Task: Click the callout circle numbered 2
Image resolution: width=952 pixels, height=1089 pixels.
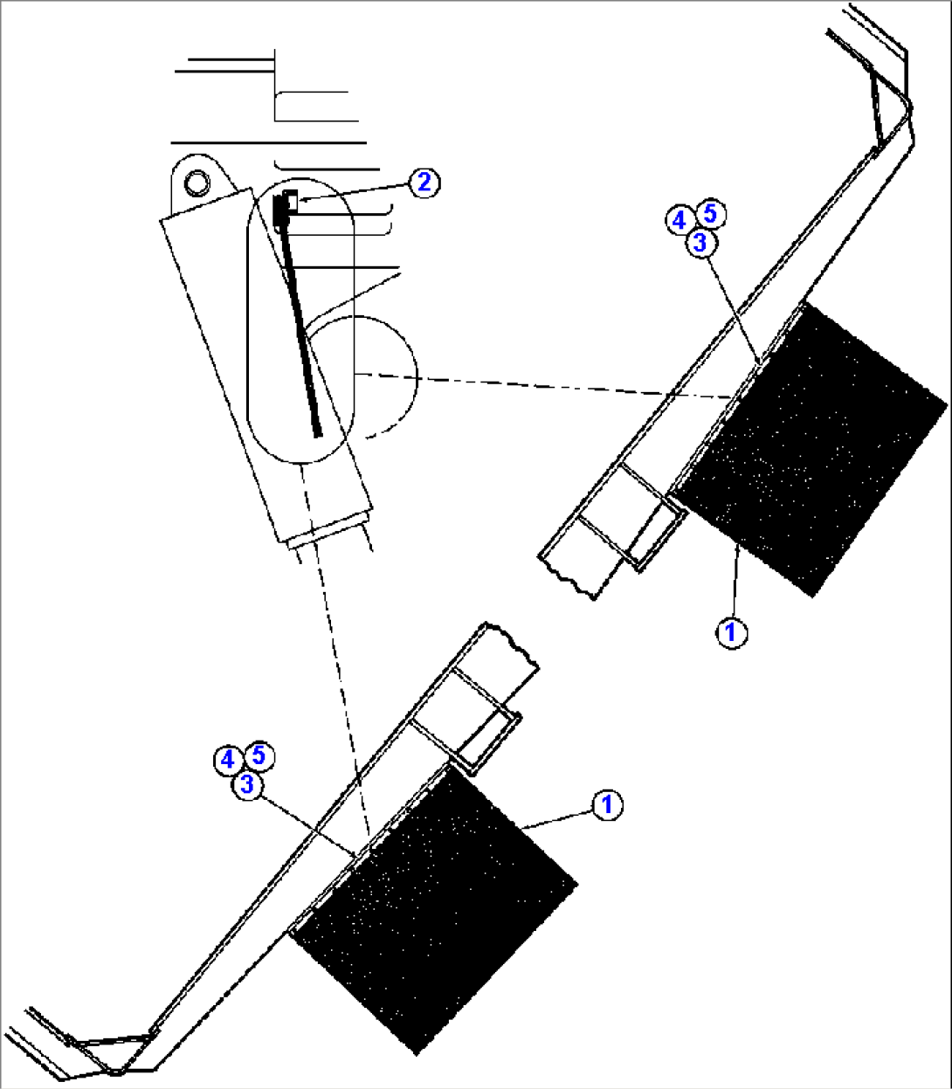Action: pyautogui.click(x=424, y=183)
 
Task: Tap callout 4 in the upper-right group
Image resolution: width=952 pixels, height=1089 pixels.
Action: pyautogui.click(x=680, y=221)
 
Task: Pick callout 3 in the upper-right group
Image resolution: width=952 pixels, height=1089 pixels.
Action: pyautogui.click(x=700, y=243)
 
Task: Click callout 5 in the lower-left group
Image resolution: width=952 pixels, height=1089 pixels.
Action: pyautogui.click(x=259, y=755)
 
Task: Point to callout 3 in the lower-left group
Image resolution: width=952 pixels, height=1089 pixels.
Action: pyautogui.click(x=248, y=784)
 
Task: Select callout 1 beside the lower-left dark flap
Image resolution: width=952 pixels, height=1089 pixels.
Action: pyautogui.click(x=607, y=805)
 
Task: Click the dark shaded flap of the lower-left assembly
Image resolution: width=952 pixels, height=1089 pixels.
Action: pyautogui.click(x=432, y=908)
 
